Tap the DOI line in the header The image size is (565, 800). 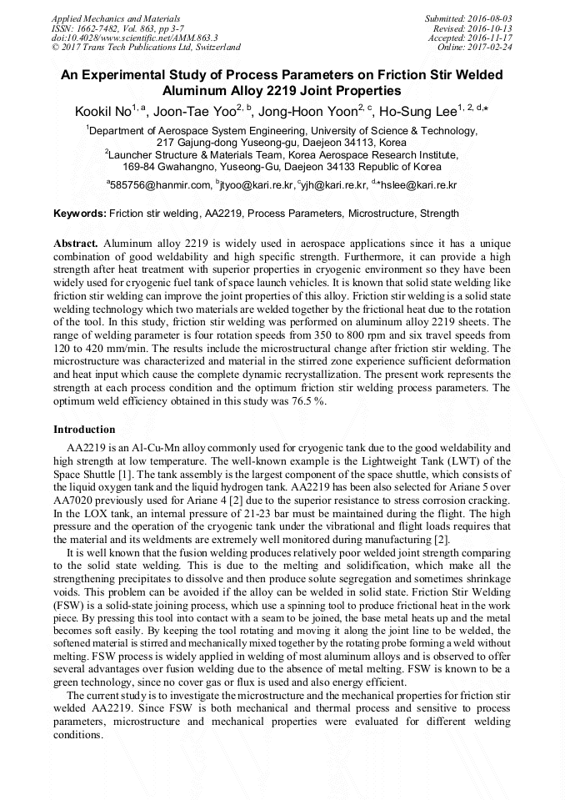[x=134, y=38]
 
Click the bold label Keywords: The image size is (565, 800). [x=80, y=214]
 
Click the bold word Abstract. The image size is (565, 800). [x=76, y=243]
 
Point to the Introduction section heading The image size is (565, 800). [x=84, y=430]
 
